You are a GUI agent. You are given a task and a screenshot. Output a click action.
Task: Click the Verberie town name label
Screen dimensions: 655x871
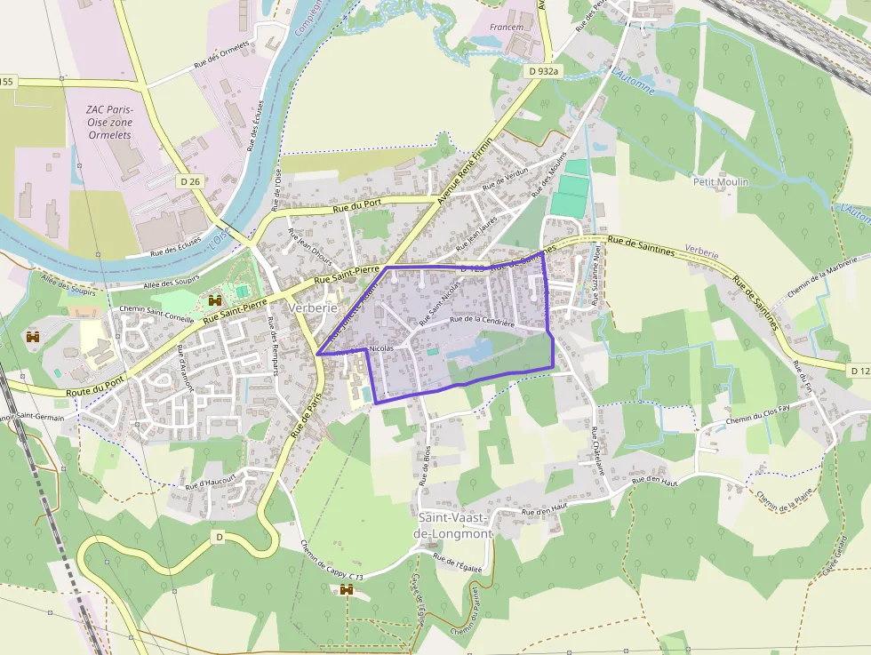[313, 307]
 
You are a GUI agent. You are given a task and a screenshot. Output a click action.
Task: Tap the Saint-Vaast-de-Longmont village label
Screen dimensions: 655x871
[453, 525]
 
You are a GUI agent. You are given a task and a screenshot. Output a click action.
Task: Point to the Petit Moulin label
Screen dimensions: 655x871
[721, 181]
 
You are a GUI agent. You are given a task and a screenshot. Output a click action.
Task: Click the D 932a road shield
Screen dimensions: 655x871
[543, 70]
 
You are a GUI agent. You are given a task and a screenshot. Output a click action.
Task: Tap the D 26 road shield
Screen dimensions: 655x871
[189, 181]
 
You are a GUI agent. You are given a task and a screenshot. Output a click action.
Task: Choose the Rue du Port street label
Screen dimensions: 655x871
[353, 207]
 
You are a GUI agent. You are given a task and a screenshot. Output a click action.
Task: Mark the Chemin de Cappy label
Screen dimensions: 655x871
[327, 563]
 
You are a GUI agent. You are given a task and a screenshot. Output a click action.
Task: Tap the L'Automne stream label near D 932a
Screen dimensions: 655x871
[633, 80]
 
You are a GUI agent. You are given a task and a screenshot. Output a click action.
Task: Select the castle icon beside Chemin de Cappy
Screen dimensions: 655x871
[347, 589]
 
